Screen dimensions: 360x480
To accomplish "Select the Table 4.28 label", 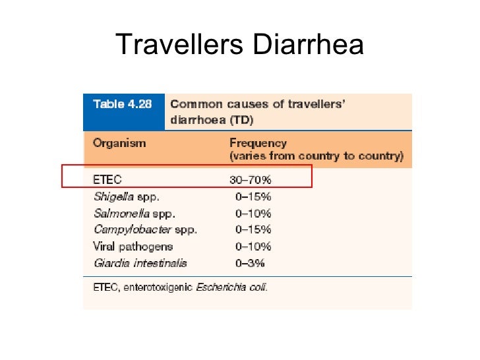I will [x=119, y=104].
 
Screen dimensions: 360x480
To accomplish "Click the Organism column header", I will [x=119, y=142].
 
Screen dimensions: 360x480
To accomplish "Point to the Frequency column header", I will [x=258, y=142].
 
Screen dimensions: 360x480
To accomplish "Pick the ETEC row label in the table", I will [x=107, y=179].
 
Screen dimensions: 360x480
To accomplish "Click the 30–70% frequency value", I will [x=250, y=179].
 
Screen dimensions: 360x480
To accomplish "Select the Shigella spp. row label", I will [x=127, y=196].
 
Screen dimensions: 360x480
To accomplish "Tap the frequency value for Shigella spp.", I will [x=253, y=196].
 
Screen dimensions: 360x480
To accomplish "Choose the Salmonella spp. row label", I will [x=135, y=213].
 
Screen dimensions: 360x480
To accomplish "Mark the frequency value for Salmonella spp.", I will [x=253, y=213].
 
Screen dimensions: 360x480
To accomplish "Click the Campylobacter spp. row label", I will [x=145, y=229].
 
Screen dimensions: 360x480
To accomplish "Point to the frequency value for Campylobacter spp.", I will [x=253, y=229].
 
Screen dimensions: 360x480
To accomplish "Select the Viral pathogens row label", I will [x=133, y=247].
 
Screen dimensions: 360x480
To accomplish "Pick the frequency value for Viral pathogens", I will [x=253, y=247].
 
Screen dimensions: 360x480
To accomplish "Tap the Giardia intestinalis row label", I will [x=140, y=263].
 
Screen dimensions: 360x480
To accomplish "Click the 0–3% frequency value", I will [x=251, y=263].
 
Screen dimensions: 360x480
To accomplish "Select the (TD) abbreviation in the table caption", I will [x=242, y=121].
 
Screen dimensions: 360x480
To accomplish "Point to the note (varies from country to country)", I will [x=316, y=157].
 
